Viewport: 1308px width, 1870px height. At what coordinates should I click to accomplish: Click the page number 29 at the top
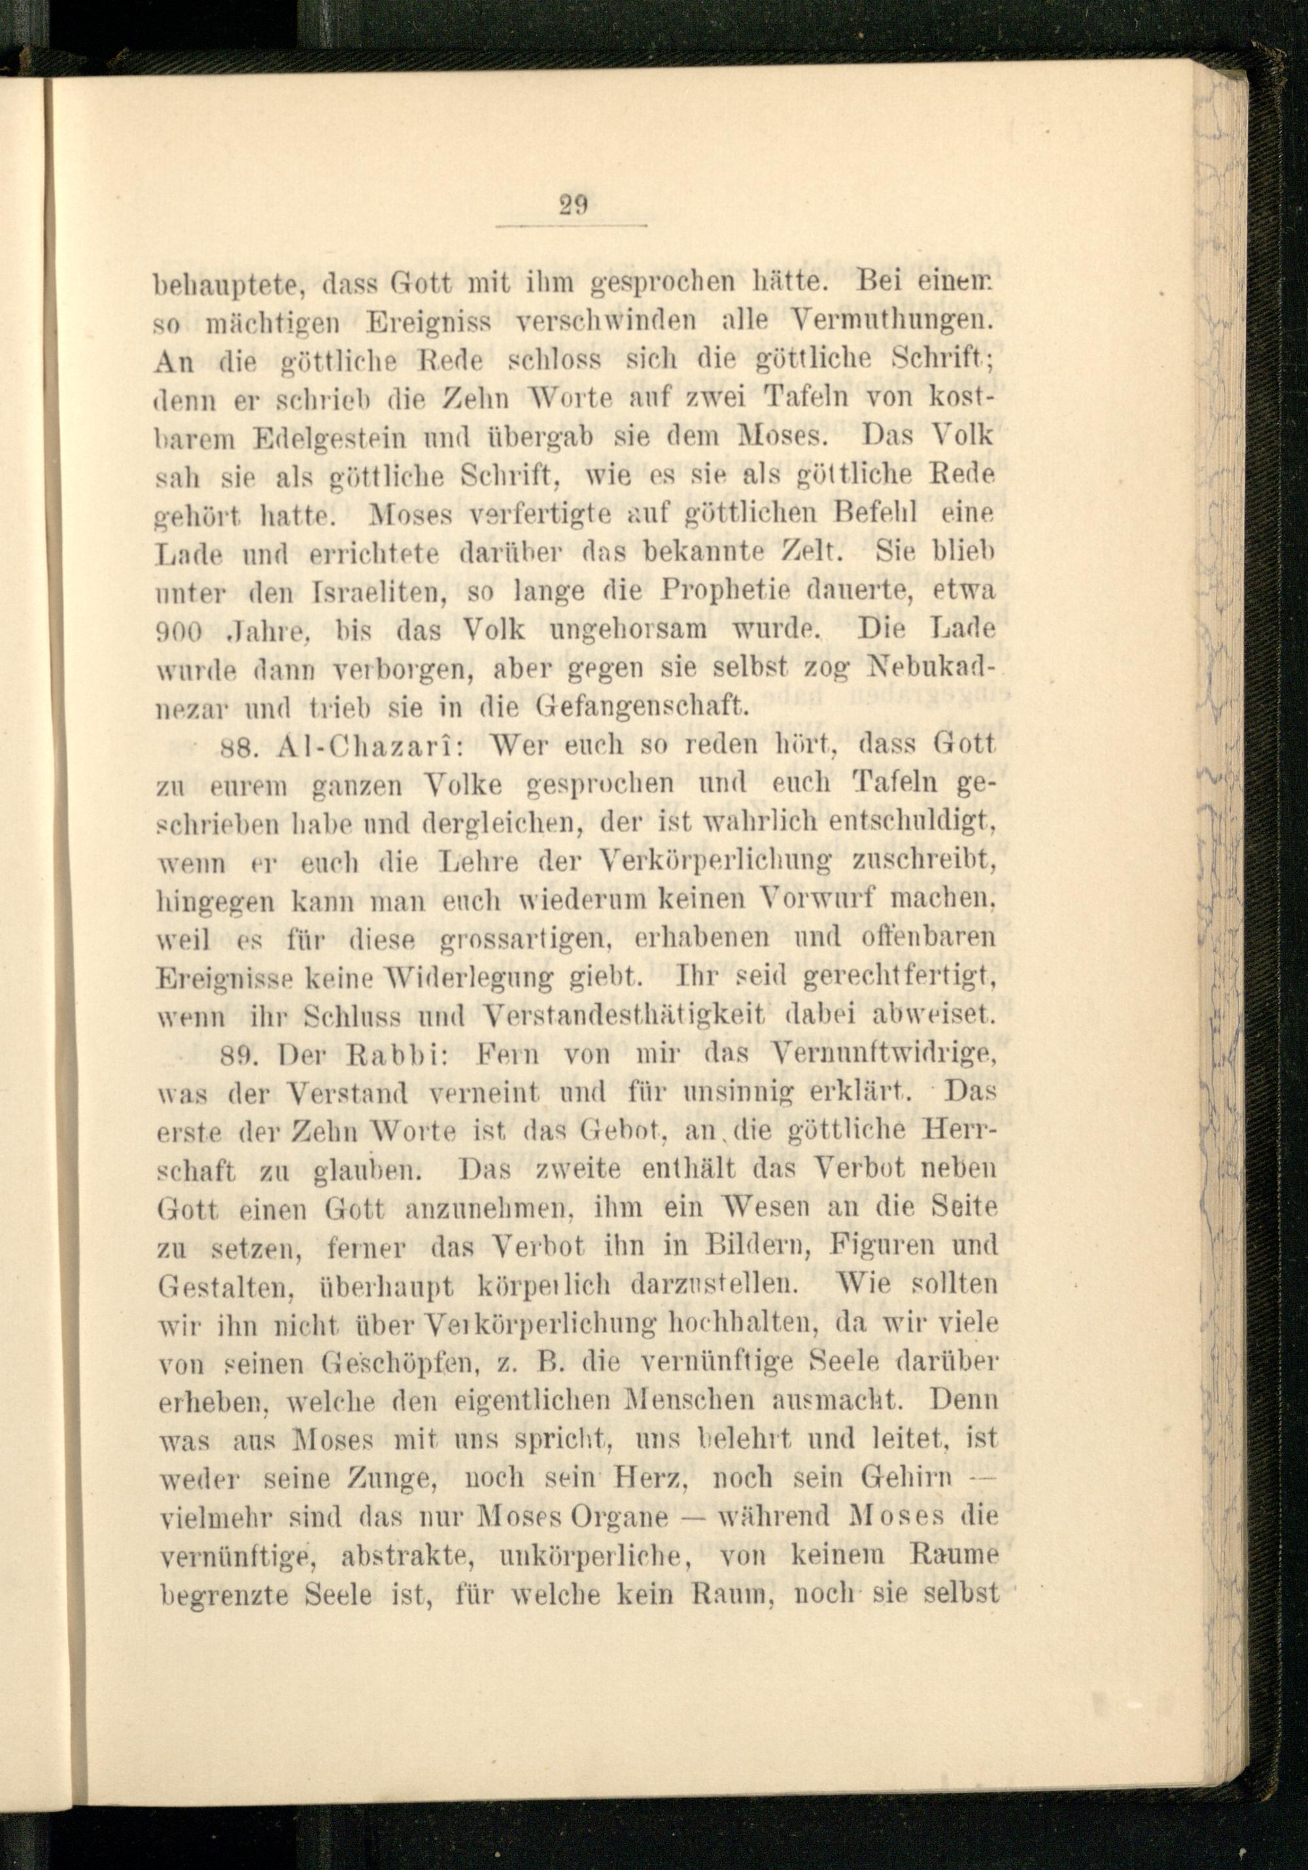[574, 203]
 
